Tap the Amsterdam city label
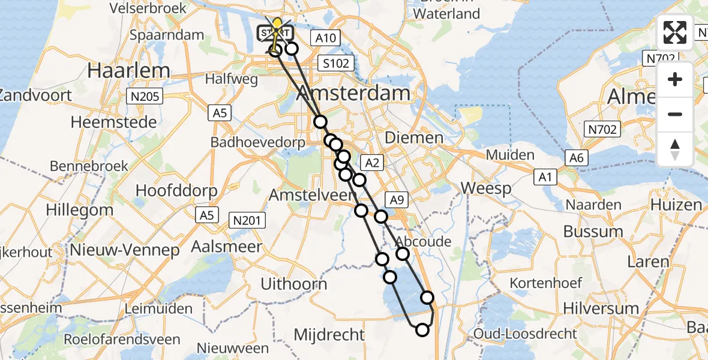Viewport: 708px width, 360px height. coord(354,93)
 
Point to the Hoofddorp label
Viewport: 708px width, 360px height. coord(174,190)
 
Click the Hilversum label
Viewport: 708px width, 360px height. coord(601,308)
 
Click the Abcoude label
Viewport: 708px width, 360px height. coord(424,241)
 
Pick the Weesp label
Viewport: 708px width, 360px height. coord(486,189)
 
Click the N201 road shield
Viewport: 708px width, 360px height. coord(247,221)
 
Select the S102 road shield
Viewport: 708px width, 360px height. coord(336,64)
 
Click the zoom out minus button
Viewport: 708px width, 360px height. coord(675,114)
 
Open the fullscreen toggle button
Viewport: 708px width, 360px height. coord(675,32)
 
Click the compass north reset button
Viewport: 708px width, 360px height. coord(675,148)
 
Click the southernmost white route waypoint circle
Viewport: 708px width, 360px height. coord(422,329)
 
